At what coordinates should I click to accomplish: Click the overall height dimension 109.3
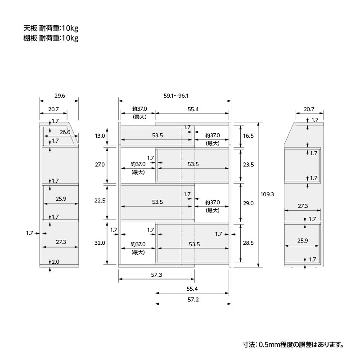(267, 194)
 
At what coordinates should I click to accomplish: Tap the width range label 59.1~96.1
(175, 96)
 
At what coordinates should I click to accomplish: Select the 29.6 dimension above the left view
(60, 96)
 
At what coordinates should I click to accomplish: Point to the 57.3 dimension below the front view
(157, 274)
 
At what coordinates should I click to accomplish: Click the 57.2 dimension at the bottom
(193, 299)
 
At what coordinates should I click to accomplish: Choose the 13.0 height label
(100, 136)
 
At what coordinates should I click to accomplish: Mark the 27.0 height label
(100, 164)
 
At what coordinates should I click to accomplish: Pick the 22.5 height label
(100, 200)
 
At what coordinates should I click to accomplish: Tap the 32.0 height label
(100, 243)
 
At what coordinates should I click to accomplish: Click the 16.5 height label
(248, 136)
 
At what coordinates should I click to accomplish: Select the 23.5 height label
(248, 164)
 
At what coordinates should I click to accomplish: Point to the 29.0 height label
(248, 203)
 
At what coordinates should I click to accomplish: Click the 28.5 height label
(248, 243)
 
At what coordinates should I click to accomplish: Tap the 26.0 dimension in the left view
(65, 132)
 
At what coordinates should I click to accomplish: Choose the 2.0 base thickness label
(55, 262)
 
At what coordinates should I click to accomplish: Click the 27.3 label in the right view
(303, 206)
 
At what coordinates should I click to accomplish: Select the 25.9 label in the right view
(303, 240)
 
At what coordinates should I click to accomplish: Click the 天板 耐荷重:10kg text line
(51, 28)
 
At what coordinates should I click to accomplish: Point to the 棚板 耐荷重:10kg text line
(51, 38)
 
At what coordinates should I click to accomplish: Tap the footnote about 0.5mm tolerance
(293, 345)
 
